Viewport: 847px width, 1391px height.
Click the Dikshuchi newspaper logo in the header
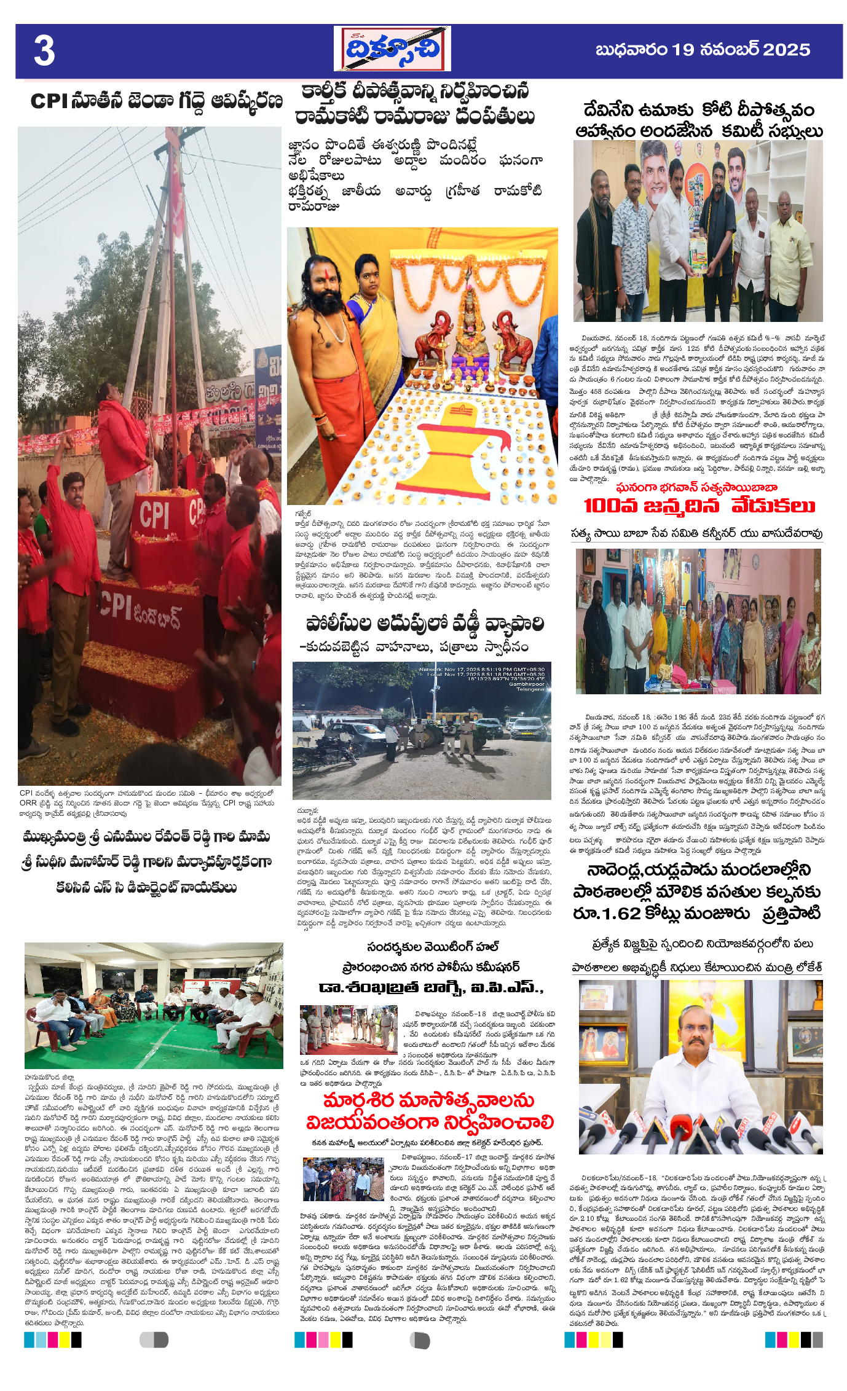tap(392, 49)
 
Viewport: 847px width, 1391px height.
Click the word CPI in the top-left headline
tap(49, 101)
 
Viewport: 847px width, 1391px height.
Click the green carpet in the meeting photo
tap(154, 1044)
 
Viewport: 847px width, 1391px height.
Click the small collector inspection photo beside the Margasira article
tap(343, 1178)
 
